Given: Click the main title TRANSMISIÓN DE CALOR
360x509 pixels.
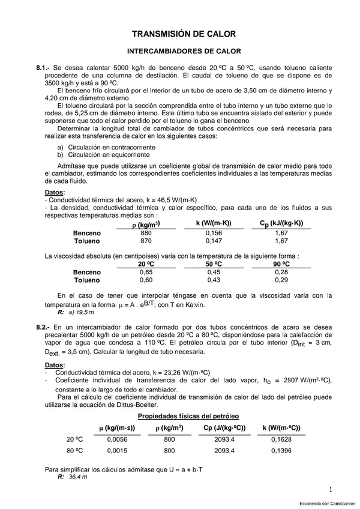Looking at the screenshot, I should (x=184, y=34).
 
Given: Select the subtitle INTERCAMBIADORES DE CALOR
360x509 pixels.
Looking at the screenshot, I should (x=184, y=52).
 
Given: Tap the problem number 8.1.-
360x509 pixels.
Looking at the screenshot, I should (x=46, y=68).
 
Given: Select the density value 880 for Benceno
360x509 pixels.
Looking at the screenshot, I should (x=146, y=233).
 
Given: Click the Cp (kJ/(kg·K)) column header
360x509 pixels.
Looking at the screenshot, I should (x=281, y=224).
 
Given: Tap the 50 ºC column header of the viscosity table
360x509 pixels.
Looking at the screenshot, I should (x=214, y=264).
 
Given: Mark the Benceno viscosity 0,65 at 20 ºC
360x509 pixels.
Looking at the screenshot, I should (x=146, y=272).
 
